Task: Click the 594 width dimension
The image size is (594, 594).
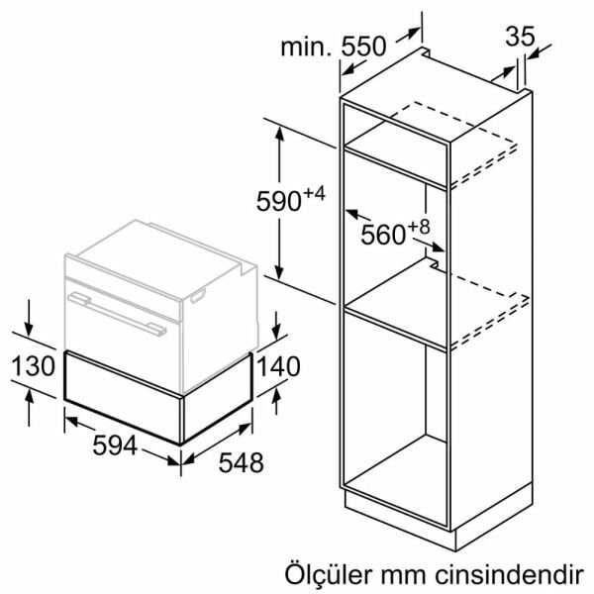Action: click(x=115, y=445)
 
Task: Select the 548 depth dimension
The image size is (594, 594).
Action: click(x=242, y=463)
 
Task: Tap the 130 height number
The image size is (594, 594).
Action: click(x=34, y=366)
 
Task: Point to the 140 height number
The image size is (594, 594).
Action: click(x=279, y=366)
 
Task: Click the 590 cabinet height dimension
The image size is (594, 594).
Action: click(x=279, y=201)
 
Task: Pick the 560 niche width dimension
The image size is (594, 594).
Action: click(x=383, y=235)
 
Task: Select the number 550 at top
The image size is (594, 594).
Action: click(x=363, y=47)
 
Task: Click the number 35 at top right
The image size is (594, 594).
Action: click(x=520, y=37)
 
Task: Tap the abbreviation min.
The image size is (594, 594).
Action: click(x=306, y=47)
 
